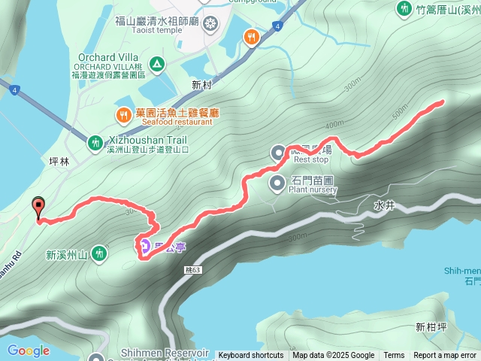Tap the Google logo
pos(28,350)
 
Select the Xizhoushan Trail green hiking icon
pos(95,142)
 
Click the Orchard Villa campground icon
pos(156,64)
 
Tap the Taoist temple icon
pos(210,22)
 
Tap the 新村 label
pos(202,84)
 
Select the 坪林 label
pos(59,160)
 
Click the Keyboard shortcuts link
pos(251,356)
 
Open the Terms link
pos(394,356)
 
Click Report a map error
pos(445,356)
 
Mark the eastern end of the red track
pos(442,102)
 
